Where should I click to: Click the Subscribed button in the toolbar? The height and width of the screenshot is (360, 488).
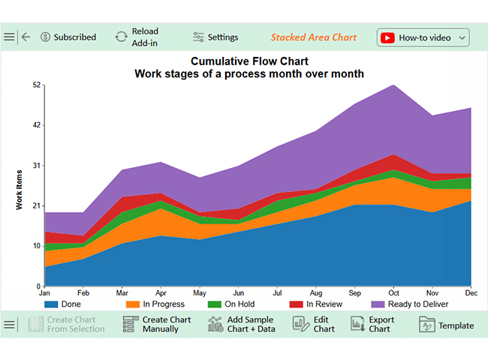[x=68, y=37]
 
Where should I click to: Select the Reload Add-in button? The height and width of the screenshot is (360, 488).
[x=137, y=37]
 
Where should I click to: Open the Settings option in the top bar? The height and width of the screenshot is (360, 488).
[x=215, y=37]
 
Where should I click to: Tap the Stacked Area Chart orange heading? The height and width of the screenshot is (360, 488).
[x=314, y=37]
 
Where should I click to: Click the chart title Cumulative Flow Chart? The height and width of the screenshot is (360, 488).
[x=249, y=61]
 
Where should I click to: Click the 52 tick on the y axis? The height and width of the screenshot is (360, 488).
[x=37, y=85]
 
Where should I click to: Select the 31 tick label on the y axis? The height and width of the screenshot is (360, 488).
[x=37, y=166]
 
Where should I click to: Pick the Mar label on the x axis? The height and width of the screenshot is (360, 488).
[x=122, y=292]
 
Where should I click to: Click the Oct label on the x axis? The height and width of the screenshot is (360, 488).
[x=393, y=292]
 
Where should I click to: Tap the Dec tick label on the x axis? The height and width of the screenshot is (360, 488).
[x=470, y=292]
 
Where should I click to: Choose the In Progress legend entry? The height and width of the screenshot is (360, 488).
[x=155, y=304]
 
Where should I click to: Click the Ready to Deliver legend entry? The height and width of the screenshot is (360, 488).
[x=409, y=304]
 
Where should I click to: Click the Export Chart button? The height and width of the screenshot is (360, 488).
[x=372, y=324]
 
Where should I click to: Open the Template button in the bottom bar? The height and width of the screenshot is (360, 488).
[x=447, y=325]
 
